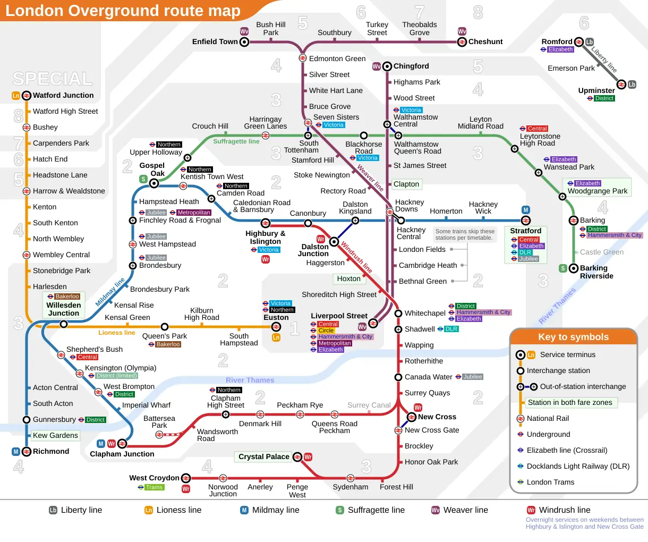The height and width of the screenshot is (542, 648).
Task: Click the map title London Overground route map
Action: point(123,11)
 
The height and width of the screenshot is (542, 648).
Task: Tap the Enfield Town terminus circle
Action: point(244,42)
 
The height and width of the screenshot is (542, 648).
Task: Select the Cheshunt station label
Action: point(485,41)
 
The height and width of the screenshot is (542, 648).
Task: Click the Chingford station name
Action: point(411,66)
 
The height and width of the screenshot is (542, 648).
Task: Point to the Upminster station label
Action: point(596,90)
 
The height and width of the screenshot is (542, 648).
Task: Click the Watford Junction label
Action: point(63,95)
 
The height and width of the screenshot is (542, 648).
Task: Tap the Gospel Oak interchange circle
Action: point(154,183)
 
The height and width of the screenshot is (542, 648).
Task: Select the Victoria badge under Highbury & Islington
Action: point(269,250)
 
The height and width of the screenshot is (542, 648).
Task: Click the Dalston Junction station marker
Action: point(334,242)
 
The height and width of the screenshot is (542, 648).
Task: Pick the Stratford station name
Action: point(525,231)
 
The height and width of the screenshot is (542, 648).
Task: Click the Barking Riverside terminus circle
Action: point(574,268)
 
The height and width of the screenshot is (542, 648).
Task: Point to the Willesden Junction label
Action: point(64,309)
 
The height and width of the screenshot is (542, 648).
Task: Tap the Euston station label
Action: point(276,317)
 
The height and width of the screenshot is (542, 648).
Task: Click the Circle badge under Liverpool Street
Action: point(326,331)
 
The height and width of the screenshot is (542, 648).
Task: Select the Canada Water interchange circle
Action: point(398,377)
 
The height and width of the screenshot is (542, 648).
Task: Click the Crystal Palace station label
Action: point(264,456)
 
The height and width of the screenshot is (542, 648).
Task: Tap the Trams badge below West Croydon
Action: point(155,487)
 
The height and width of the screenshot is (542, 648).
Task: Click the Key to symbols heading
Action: point(574,337)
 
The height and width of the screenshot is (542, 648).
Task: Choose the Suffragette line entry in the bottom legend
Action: point(376,510)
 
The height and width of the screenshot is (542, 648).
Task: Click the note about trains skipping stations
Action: point(465,234)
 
